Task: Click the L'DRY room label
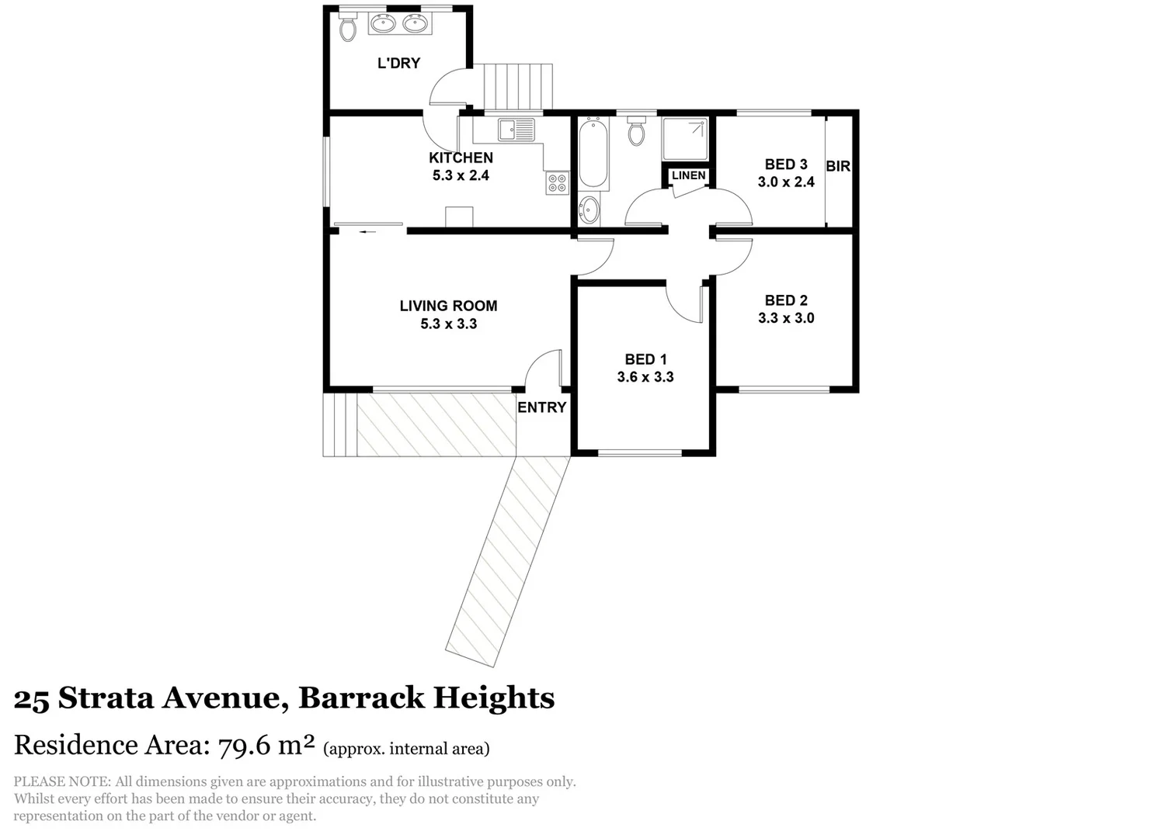398,64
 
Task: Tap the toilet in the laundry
347,29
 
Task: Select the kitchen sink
517,130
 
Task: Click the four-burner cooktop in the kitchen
557,183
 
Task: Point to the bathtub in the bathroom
593,153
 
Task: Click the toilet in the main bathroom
636,132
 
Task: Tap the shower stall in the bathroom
685,139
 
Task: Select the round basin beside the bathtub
589,209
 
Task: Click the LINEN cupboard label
688,175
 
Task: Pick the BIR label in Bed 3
838,166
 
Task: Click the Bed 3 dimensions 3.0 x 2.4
786,182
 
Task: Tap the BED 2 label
786,300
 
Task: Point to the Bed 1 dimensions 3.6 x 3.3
645,377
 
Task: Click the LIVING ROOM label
448,306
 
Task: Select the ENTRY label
541,407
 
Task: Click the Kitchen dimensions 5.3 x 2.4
461,175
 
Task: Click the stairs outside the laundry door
517,87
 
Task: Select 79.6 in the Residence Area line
244,746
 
